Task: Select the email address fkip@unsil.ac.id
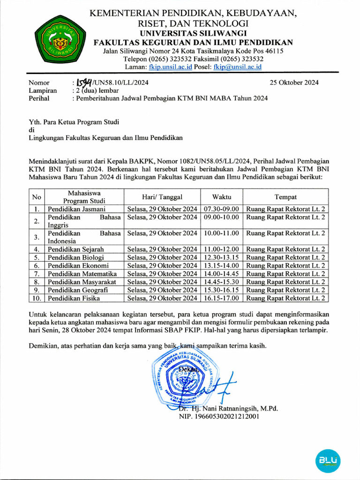click(x=237, y=67)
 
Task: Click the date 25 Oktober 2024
click(x=294, y=83)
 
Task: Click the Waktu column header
click(x=221, y=197)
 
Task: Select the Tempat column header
click(x=285, y=197)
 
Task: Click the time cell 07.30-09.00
click(x=221, y=209)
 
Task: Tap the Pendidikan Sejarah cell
click(x=76, y=249)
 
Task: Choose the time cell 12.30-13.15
click(x=221, y=257)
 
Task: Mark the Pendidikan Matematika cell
click(x=82, y=274)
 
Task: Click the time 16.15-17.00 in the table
click(x=221, y=298)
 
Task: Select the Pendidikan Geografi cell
click(x=78, y=290)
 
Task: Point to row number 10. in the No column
click(x=37, y=298)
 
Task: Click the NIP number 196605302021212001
click(x=219, y=416)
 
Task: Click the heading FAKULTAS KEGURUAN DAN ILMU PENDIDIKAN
click(x=193, y=42)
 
